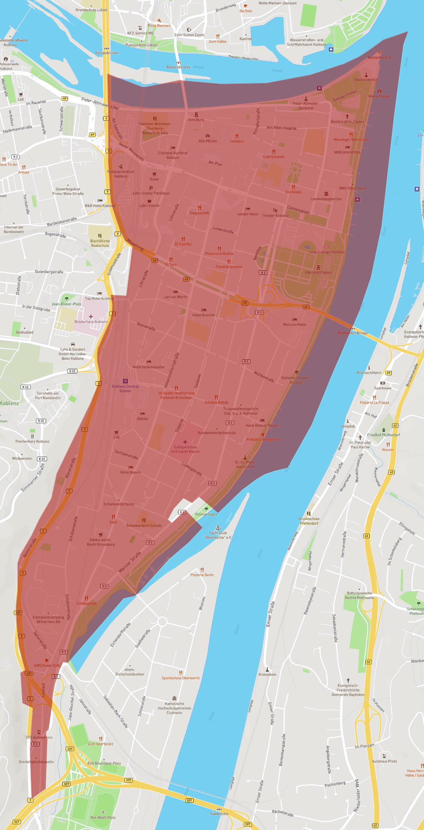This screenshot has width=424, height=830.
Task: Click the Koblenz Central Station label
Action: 125,389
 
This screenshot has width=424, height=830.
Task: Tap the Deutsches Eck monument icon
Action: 366,75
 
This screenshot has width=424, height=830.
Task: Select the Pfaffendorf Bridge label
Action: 352,333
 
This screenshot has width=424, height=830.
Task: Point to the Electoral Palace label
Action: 318,272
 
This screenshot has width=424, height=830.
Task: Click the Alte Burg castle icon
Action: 196,115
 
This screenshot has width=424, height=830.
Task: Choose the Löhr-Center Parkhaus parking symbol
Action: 151,188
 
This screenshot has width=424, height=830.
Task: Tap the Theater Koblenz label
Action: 275,216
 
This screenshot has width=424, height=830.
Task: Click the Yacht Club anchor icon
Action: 218,528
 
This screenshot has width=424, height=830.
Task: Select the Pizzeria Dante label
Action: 202,575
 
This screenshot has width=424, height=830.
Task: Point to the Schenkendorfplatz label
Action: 119,504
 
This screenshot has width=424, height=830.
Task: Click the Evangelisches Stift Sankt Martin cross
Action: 185,442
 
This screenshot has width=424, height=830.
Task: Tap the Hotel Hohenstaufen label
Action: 148,367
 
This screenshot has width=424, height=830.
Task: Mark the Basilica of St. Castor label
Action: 347,122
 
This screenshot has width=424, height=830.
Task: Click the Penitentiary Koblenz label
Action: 32,441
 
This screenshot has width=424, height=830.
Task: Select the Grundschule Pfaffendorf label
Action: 309,521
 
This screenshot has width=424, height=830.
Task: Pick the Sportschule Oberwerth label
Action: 180,678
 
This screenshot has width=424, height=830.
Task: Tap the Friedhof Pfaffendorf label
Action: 383,435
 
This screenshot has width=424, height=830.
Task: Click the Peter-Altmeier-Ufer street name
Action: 100,104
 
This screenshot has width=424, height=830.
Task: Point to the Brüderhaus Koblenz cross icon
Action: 91,317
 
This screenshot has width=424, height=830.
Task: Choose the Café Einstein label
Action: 274,157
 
